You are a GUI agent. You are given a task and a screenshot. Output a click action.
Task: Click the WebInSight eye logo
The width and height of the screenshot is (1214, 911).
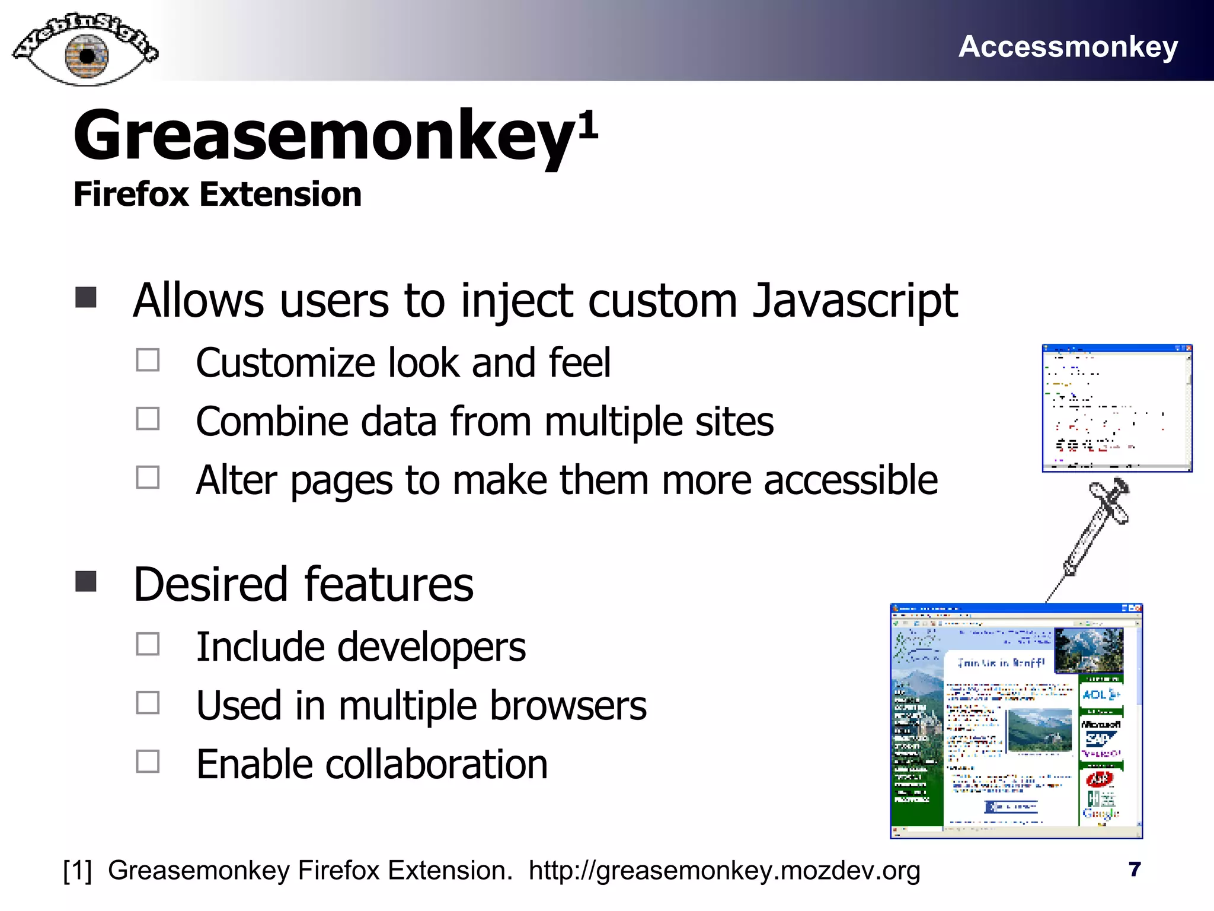click(86, 50)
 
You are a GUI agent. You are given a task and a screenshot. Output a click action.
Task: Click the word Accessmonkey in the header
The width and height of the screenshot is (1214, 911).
click(1068, 46)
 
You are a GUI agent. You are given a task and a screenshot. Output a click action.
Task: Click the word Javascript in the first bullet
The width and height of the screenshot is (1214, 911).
click(855, 301)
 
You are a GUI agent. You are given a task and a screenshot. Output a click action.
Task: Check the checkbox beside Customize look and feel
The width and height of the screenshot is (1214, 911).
click(148, 360)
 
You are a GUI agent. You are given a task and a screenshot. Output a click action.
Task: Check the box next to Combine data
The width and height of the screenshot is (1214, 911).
click(148, 419)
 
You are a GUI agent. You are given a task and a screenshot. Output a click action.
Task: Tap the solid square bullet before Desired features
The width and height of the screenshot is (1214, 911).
click(87, 582)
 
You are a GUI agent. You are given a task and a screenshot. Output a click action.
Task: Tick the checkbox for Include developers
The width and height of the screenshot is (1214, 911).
click(148, 644)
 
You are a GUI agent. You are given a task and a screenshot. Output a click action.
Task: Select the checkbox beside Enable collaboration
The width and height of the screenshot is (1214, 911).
click(148, 762)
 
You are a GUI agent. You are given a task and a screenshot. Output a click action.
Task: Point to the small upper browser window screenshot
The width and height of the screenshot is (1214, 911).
click(1117, 408)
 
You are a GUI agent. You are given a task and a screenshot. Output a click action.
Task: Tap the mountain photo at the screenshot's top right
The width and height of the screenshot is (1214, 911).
click(1090, 651)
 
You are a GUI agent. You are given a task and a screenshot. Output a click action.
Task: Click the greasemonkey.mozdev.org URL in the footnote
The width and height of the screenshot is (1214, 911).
click(724, 871)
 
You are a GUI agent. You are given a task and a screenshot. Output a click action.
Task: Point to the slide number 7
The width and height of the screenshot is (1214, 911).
click(1134, 869)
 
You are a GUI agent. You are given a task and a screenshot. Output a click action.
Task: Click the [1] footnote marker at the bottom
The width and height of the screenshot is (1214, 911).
click(78, 871)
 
